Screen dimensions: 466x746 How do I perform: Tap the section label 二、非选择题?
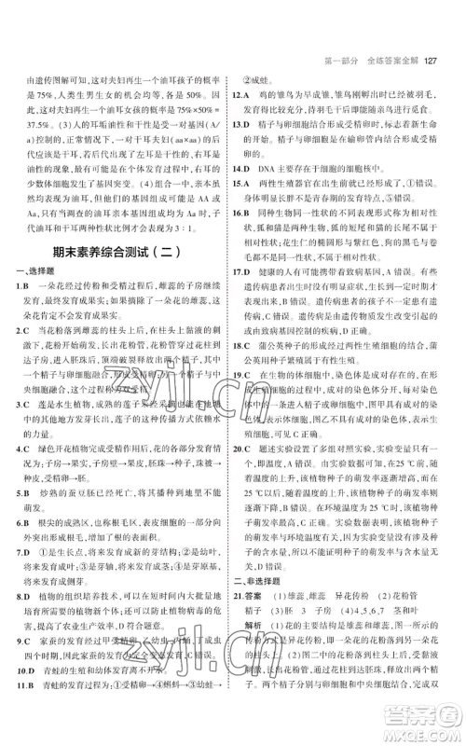(264, 554)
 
